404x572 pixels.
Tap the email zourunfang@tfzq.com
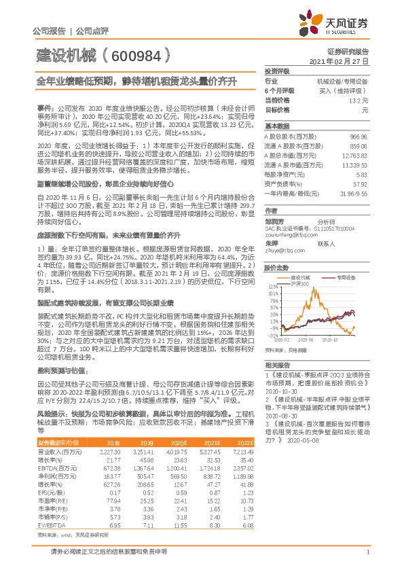click(289, 236)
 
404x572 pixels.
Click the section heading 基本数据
click(277, 126)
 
